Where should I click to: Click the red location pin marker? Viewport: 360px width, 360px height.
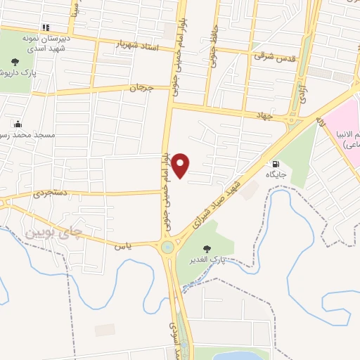pos(181,165)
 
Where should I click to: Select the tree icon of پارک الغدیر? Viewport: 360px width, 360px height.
pos(207,249)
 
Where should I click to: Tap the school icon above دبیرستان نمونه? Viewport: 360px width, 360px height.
pos(46,28)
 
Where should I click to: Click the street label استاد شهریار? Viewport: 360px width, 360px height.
pos(145,46)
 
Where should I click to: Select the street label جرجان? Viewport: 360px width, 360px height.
pos(141,88)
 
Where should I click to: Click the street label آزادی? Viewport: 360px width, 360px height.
pos(303,92)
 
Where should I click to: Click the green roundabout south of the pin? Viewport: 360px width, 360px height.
pos(168,247)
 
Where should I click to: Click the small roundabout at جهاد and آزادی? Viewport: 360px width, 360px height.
pos(292,120)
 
